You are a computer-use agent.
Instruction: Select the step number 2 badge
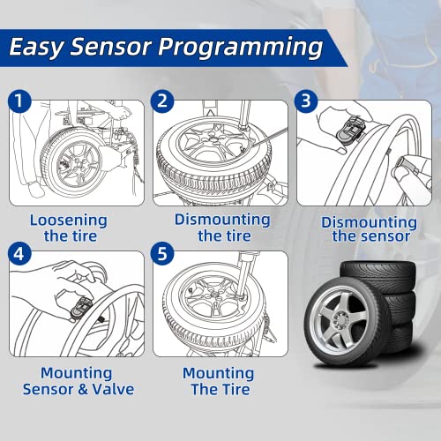[x=162, y=101]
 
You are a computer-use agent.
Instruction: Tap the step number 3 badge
[x=306, y=101]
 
